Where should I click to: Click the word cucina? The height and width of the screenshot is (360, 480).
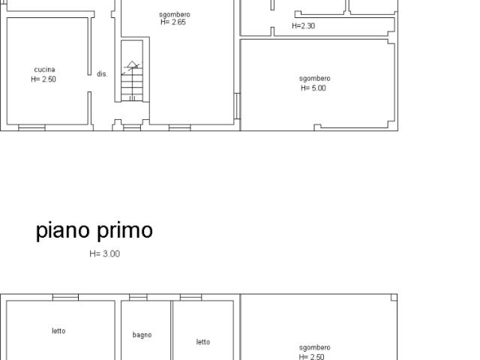pos(44,70)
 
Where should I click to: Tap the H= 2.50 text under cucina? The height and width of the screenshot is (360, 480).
pos(44,79)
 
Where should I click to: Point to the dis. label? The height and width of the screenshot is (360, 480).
pos(102,74)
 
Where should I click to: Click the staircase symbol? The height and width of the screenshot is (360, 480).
pos(132,82)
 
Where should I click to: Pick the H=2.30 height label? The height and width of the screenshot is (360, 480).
pos(303,25)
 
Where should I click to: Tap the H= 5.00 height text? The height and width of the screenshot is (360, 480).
pos(313,88)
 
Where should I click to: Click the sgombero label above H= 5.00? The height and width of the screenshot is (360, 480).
pos(314,79)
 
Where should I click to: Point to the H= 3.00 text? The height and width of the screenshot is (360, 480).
pos(104,254)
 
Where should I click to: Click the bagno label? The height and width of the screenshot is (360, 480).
pos(142,335)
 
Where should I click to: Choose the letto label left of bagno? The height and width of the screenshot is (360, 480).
pos(58,331)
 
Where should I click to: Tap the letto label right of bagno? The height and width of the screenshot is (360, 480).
pos(203,342)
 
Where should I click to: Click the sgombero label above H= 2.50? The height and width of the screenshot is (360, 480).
pos(314,348)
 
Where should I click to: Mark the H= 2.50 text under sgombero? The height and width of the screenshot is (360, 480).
pos(313,357)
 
